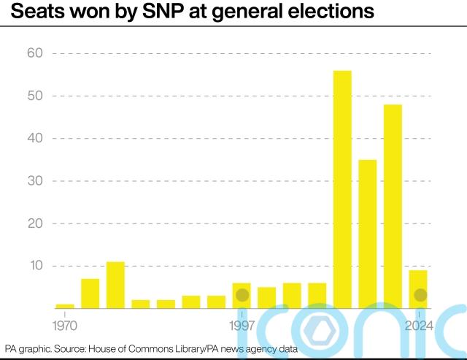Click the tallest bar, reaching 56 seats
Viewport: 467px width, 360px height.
[342, 189]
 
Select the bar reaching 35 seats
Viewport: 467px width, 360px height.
[368, 234]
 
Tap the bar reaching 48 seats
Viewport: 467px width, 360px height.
[393, 206]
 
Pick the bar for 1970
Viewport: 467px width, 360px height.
[65, 306]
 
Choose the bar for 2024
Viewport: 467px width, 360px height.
[418, 289]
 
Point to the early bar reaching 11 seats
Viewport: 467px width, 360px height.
[115, 285]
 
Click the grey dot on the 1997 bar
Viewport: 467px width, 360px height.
[242, 295]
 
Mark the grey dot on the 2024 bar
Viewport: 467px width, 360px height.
[420, 295]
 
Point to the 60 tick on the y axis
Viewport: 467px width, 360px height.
[36, 53]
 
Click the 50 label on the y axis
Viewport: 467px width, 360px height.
[36, 96]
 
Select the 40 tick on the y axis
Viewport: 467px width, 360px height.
[36, 138]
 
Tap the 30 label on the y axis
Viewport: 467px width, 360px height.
[36, 180]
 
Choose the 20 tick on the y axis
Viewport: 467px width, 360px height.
[36, 223]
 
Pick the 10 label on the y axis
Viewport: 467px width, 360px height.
[36, 265]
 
